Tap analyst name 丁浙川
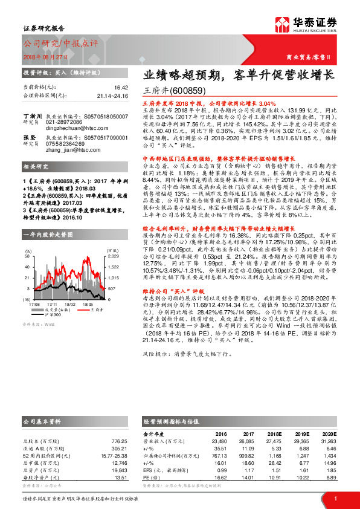pos(31,115)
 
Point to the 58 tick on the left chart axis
pos(28,257)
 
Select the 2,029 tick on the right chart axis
pos(113,257)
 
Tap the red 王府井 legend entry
pos(88,309)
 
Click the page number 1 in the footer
pos(335,498)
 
